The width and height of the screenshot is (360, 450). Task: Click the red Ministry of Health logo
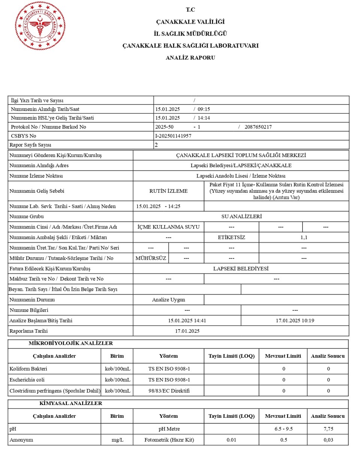[40, 26]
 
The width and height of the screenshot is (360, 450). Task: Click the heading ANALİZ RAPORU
[190, 58]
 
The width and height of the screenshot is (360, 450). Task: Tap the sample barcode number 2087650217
[258, 127]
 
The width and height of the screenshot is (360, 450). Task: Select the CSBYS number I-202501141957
[173, 136]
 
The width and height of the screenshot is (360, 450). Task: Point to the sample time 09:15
[204, 109]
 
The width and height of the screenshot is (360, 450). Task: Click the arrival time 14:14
[204, 118]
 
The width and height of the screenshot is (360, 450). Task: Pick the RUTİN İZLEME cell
[168, 191]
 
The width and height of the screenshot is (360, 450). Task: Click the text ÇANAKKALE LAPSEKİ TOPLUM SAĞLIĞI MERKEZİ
[241, 155]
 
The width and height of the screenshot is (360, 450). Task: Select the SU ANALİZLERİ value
[241, 216]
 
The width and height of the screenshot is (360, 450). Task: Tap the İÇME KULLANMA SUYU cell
[168, 227]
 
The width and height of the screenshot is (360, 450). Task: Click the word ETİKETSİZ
[231, 237]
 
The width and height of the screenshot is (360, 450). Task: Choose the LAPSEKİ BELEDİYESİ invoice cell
[241, 268]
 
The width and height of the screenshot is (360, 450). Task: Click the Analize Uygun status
[168, 300]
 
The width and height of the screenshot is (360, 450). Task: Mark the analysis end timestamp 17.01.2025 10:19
[295, 321]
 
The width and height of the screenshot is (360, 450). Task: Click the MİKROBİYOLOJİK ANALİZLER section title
[71, 343]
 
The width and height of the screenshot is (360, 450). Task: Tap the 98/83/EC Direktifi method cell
[169, 391]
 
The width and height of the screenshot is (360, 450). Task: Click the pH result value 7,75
[328, 429]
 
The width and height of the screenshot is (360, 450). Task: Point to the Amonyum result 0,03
[328, 440]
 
